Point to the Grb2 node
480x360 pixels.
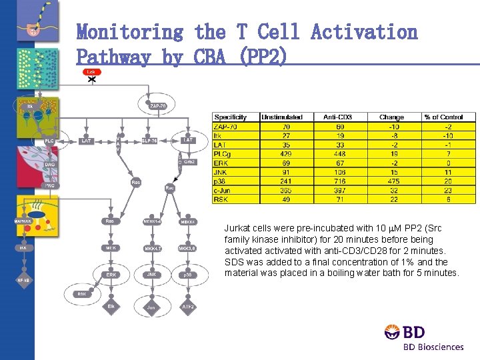pyautogui.click(x=189, y=162)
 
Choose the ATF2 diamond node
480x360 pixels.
pyautogui.click(x=188, y=307)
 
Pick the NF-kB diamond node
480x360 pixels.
pyautogui.click(x=23, y=280)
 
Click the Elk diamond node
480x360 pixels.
pyautogui.click(x=111, y=306)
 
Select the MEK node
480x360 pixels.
pyautogui.click(x=111, y=247)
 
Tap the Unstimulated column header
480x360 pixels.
pyautogui.click(x=286, y=117)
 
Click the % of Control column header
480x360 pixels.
pyautogui.click(x=449, y=117)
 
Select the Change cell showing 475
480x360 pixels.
pyautogui.click(x=391, y=181)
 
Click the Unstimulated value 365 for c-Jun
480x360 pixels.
pyautogui.click(x=286, y=190)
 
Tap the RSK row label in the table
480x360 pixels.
pyautogui.click(x=222, y=199)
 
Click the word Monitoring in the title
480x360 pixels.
pyautogui.click(x=130, y=32)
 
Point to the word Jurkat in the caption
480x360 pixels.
pyautogui.click(x=237, y=228)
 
